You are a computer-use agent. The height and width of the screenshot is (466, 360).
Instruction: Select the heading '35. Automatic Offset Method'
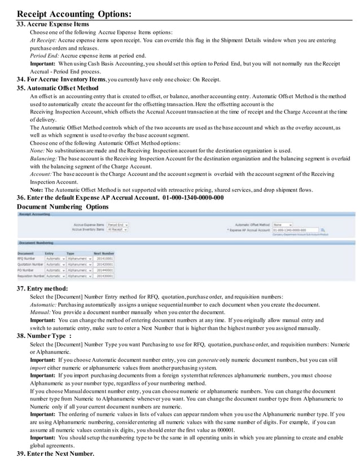pyautogui.click(x=58, y=89)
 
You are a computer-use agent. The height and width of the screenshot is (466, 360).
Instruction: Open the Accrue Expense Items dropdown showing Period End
pyautogui.click(x=118, y=225)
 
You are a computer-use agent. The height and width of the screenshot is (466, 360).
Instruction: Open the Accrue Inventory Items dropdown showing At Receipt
pyautogui.click(x=118, y=230)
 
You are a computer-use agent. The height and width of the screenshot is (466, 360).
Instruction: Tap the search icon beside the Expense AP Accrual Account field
pyautogui.click(x=324, y=230)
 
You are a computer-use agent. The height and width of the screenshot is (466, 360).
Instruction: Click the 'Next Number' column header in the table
pyautogui.click(x=104, y=254)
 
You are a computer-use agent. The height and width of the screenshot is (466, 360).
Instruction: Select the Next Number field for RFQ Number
pyautogui.click(x=104, y=259)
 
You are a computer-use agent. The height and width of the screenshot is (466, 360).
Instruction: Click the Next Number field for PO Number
pyautogui.click(x=104, y=271)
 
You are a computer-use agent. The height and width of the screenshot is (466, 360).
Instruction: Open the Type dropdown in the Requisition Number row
pyautogui.click(x=78, y=276)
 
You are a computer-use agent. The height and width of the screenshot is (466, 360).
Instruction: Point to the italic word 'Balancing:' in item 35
pyautogui.click(x=44, y=159)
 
